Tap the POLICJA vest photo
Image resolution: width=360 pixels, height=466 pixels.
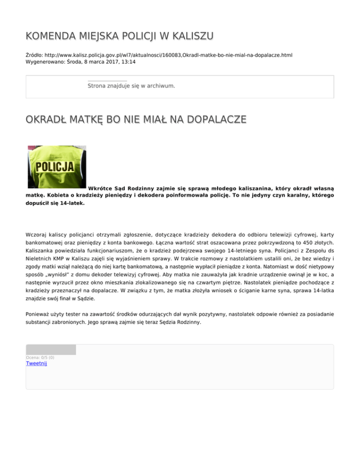point(57,166)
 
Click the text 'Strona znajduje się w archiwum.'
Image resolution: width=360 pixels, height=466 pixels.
point(131,86)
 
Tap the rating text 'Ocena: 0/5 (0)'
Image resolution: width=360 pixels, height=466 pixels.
point(40,358)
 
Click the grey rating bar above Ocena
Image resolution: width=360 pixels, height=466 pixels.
point(51,349)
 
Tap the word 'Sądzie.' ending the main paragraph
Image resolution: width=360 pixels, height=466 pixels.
point(87,298)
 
